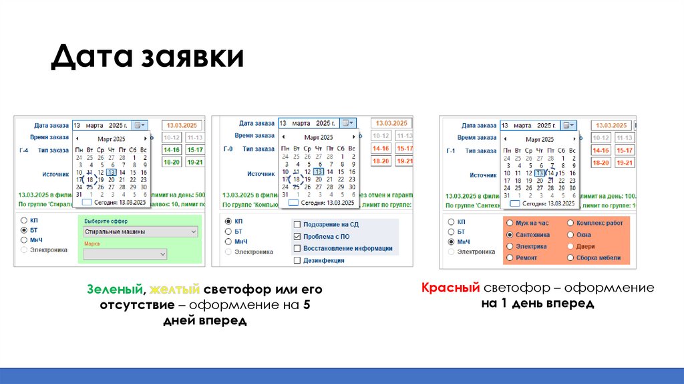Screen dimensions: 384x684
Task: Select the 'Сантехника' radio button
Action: pyautogui.click(x=510, y=235)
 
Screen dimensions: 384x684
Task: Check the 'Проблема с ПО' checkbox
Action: pyautogui.click(x=297, y=236)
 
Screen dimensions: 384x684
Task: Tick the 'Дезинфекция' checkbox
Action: pyautogui.click(x=297, y=260)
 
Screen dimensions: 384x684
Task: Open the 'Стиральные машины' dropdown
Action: pyautogui.click(x=141, y=232)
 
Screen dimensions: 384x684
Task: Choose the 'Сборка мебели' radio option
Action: pyautogui.click(x=570, y=258)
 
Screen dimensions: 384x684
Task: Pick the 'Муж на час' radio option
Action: pyautogui.click(x=510, y=223)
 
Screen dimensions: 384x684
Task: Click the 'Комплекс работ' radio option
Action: pyautogui.click(x=570, y=223)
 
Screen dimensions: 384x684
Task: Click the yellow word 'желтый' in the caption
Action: pyautogui.click(x=175, y=290)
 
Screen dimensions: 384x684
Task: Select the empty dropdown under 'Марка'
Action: pyautogui.click(x=125, y=254)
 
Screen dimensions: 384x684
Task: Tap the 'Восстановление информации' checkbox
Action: pyautogui.click(x=297, y=248)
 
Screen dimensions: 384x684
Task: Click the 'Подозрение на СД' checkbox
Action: pyautogui.click(x=297, y=224)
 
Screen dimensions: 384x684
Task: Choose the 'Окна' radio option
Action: pyautogui.click(x=570, y=235)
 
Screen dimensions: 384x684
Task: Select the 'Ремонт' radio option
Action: pyautogui.click(x=510, y=258)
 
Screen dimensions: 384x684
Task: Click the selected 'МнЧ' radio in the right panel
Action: pyautogui.click(x=452, y=242)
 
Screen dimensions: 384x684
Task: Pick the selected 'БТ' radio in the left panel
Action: pyautogui.click(x=25, y=229)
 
